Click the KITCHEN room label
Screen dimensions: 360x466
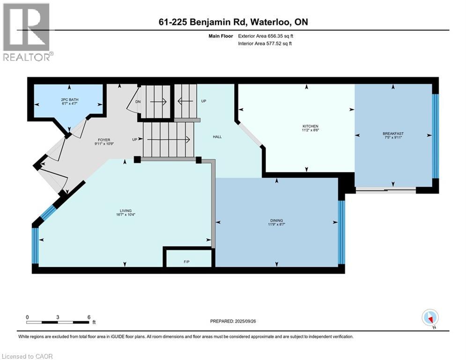(x=310, y=127)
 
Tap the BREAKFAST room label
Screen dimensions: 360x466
(x=393, y=134)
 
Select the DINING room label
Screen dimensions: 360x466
(x=276, y=220)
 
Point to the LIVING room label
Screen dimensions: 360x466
(x=125, y=211)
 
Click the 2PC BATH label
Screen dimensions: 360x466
(x=68, y=100)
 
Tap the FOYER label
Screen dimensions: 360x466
(x=104, y=140)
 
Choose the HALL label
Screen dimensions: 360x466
(x=217, y=137)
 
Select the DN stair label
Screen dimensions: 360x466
(x=138, y=101)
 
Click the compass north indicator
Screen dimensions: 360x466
(x=429, y=318)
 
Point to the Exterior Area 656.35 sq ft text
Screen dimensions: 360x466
(x=266, y=36)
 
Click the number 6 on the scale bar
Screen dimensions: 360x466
(x=88, y=317)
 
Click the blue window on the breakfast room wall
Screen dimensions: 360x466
(x=435, y=136)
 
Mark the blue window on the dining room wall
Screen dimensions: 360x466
(x=341, y=232)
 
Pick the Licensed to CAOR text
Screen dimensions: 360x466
(x=28, y=356)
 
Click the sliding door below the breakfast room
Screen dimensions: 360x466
(x=385, y=190)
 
